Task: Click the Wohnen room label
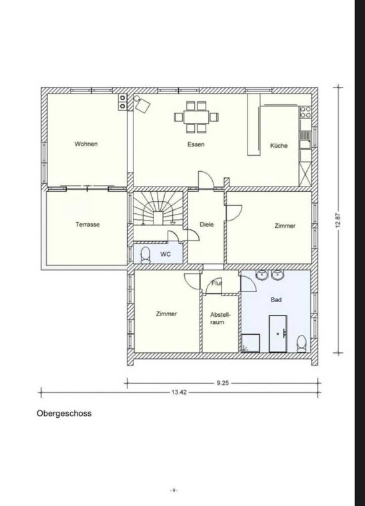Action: (x=86, y=144)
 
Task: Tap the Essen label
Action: (x=196, y=144)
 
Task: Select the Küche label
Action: (x=279, y=146)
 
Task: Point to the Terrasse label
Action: (x=87, y=225)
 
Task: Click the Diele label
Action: (x=206, y=225)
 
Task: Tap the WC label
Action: (x=165, y=254)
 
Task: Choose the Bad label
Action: (x=276, y=300)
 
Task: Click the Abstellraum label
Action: (x=220, y=318)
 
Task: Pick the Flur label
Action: (x=217, y=283)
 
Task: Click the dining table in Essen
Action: (x=196, y=117)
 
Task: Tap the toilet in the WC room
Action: (x=145, y=255)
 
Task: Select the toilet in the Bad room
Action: (x=302, y=344)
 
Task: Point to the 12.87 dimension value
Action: (x=338, y=220)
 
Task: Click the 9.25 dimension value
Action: (x=222, y=383)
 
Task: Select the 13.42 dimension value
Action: (x=179, y=392)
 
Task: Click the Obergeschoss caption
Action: (x=64, y=413)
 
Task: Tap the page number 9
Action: (x=173, y=490)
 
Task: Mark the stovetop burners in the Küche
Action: (x=306, y=112)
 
